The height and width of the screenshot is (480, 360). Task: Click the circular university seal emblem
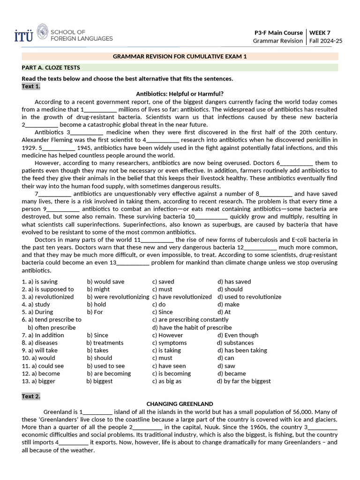click(x=42, y=32)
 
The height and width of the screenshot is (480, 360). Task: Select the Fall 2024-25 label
click(x=326, y=41)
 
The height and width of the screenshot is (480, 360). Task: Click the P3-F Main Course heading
click(x=278, y=32)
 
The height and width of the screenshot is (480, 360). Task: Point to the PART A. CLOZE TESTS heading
click(x=51, y=67)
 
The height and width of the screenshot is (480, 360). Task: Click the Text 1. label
click(x=31, y=86)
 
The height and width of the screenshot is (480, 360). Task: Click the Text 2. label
click(x=31, y=396)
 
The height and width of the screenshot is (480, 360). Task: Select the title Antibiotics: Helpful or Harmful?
click(x=180, y=94)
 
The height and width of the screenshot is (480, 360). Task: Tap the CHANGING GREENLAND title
click(x=180, y=404)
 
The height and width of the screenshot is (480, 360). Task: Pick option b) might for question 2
click(x=98, y=289)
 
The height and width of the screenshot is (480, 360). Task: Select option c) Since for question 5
click(x=162, y=312)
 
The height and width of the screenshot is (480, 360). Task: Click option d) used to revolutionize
click(x=249, y=297)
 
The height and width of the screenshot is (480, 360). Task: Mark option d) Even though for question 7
click(x=238, y=335)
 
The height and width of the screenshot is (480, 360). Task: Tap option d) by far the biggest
click(x=244, y=381)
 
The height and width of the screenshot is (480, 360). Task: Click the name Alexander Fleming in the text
click(x=47, y=140)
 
